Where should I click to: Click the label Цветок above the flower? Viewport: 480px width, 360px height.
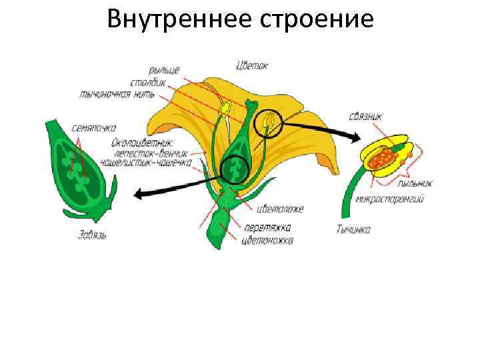coord(252,65)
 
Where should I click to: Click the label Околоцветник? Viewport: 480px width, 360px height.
coord(142,142)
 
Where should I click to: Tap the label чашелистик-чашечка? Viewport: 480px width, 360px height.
coord(146,161)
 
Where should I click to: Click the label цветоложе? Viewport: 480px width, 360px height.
coord(282,209)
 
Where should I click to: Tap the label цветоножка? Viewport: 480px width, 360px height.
coord(267,239)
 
